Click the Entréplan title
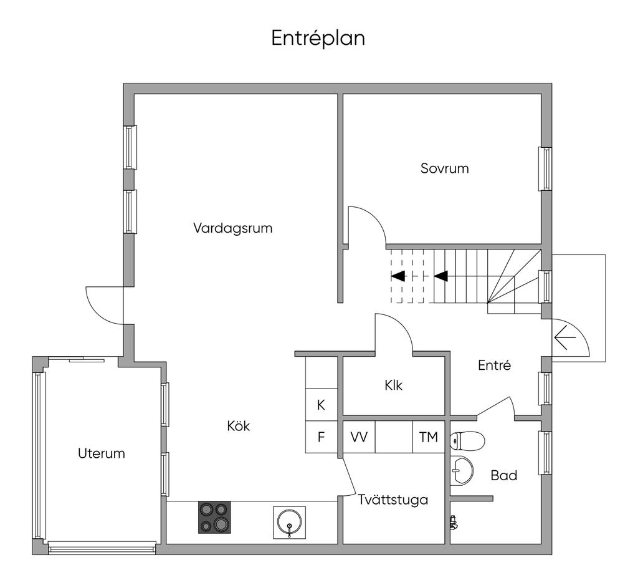pyautogui.click(x=318, y=38)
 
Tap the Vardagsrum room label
pyautogui.click(x=232, y=228)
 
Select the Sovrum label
pyautogui.click(x=444, y=168)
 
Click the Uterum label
pyautogui.click(x=101, y=453)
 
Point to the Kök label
pyautogui.click(x=238, y=427)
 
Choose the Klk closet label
pyautogui.click(x=393, y=385)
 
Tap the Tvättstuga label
pyautogui.click(x=393, y=500)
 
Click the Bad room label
pyautogui.click(x=503, y=476)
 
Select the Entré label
pyautogui.click(x=494, y=365)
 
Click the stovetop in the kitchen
pyautogui.click(x=214, y=517)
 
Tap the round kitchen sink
pyautogui.click(x=290, y=522)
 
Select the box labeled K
pyautogui.click(x=321, y=405)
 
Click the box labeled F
pyautogui.click(x=321, y=437)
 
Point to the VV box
pyautogui.click(x=359, y=437)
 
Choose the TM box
pyautogui.click(x=428, y=437)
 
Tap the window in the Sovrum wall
pyautogui.click(x=545, y=168)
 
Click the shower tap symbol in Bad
pyautogui.click(x=454, y=523)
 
